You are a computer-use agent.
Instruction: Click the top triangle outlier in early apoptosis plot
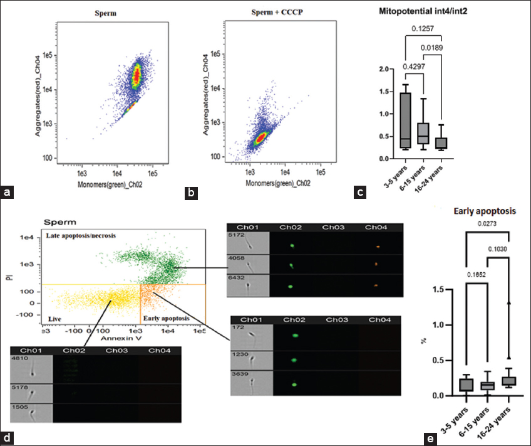508,303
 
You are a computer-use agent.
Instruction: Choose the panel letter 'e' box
433,437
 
